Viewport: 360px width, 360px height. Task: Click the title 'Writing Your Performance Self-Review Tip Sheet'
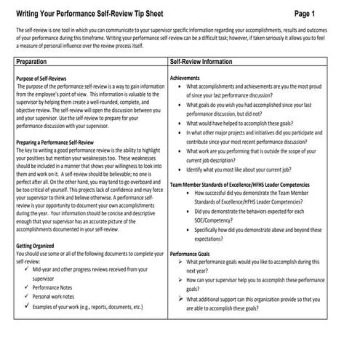(103, 13)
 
